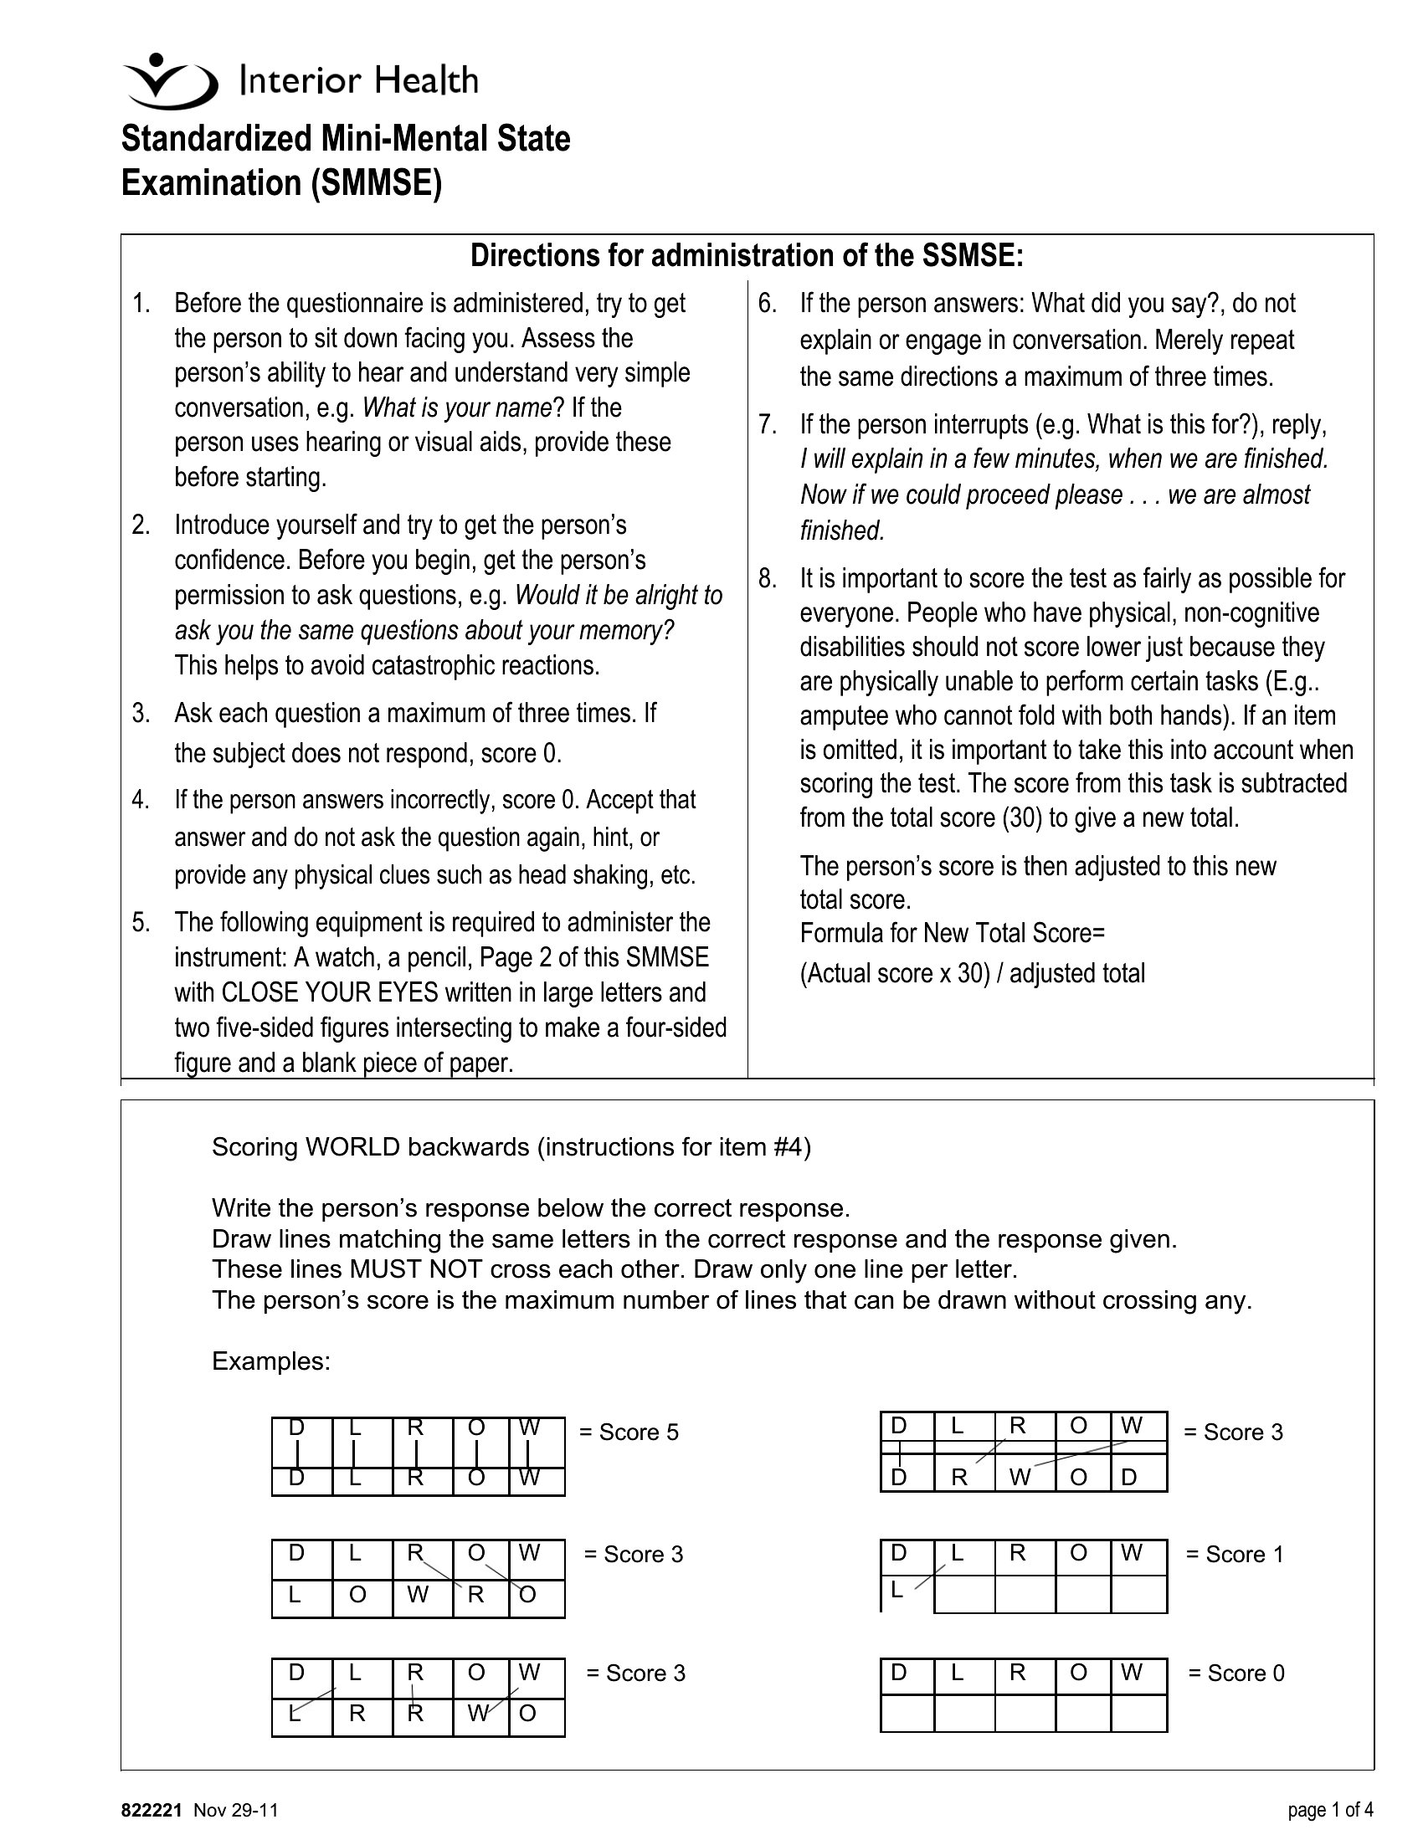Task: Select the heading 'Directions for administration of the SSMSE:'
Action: tap(746, 255)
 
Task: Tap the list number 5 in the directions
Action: tap(141, 921)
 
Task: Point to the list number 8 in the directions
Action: tap(767, 579)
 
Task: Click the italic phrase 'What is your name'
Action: tap(456, 408)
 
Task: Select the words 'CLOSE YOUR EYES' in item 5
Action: tap(330, 992)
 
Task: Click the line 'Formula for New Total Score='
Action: tap(953, 934)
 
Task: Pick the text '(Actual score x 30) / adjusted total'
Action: tap(972, 973)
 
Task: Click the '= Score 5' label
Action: tap(629, 1432)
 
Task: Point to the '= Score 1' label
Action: tap(1235, 1555)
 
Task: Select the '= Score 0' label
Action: tap(1236, 1673)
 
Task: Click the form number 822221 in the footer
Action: tap(152, 1811)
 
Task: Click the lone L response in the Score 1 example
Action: tap(896, 1591)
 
